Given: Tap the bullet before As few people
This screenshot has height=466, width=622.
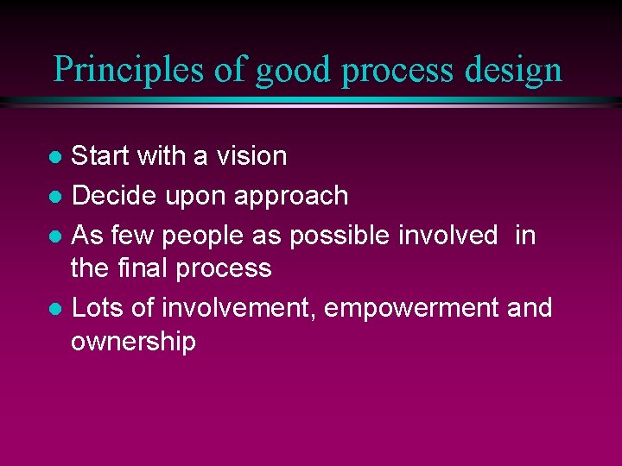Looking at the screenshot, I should pos(54,236).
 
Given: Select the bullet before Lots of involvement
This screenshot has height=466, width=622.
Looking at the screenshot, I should pos(54,309).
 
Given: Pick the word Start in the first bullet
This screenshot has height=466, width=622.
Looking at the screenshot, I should pos(99,156).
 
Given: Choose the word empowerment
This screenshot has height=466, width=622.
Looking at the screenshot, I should pos(413,308).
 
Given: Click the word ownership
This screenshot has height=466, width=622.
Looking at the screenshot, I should pos(133,343).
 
